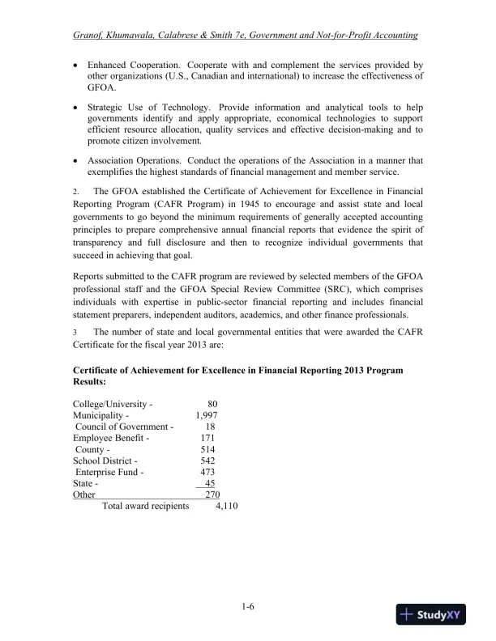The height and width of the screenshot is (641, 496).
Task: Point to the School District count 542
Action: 207,461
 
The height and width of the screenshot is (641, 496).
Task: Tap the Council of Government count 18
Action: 210,427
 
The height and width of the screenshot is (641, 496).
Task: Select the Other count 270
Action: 212,495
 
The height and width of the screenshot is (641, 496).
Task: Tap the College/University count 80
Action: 212,404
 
